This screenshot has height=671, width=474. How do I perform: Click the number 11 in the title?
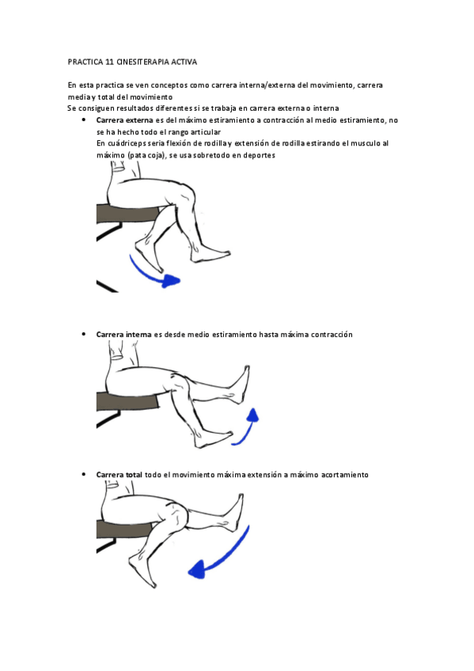coord(109,62)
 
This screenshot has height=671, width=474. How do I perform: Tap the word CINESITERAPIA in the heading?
coord(142,62)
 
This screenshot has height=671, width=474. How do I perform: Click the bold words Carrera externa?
coord(124,120)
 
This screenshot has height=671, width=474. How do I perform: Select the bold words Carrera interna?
coord(123,335)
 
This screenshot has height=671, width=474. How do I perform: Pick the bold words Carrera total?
coord(119,475)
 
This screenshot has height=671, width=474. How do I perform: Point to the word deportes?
coord(260,156)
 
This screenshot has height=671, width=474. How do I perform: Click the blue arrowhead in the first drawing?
coord(172,281)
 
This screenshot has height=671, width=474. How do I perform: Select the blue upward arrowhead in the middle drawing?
coord(253,415)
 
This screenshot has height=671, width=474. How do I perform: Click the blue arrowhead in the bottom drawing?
coord(197,571)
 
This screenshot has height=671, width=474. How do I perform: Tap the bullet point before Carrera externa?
coord(83,120)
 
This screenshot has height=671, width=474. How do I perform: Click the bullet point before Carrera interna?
coord(83,334)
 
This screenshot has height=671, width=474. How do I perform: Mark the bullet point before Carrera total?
coord(83,474)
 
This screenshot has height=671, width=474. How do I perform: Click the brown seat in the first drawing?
coord(128,214)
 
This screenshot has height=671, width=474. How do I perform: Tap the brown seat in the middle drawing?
coord(127,401)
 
